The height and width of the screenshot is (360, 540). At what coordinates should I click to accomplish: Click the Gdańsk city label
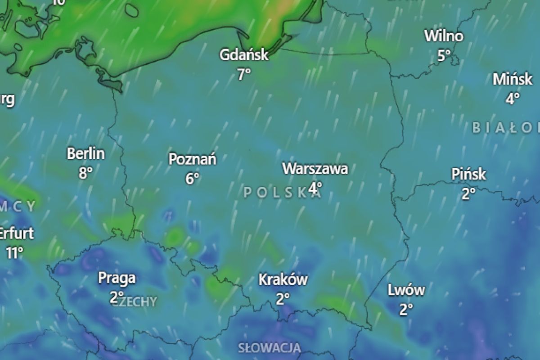tap(244, 55)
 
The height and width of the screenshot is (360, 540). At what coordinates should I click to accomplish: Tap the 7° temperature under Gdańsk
tap(244, 74)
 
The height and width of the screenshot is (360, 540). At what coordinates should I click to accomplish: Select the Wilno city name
tap(444, 36)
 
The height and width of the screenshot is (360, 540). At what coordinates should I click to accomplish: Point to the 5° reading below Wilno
tap(444, 56)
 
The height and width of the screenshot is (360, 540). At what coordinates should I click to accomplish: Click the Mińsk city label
tap(512, 79)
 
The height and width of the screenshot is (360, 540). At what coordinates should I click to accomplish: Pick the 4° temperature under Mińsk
tap(512, 99)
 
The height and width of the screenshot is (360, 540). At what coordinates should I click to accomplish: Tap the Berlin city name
tap(85, 153)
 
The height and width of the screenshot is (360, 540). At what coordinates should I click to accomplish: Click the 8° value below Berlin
tap(85, 173)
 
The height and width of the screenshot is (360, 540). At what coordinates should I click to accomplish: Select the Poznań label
tap(192, 159)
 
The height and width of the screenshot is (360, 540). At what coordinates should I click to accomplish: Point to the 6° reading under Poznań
tap(192, 179)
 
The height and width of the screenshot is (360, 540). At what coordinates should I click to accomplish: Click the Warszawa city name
tap(315, 169)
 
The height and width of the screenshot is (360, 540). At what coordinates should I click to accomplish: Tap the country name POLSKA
tap(283, 193)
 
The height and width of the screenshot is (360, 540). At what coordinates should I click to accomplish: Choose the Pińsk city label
tap(469, 174)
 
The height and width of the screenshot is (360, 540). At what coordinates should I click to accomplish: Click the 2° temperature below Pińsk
tap(469, 194)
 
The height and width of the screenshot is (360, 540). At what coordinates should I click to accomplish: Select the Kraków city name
tap(283, 279)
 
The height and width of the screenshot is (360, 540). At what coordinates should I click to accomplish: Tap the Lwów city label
tap(406, 290)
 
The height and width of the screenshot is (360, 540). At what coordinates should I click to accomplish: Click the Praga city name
tap(117, 278)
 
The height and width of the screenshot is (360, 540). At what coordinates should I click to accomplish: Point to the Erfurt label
tap(16, 234)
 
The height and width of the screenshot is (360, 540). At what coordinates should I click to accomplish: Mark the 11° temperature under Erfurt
tap(14, 253)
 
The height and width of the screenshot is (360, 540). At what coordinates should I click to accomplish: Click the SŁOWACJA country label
tap(270, 347)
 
